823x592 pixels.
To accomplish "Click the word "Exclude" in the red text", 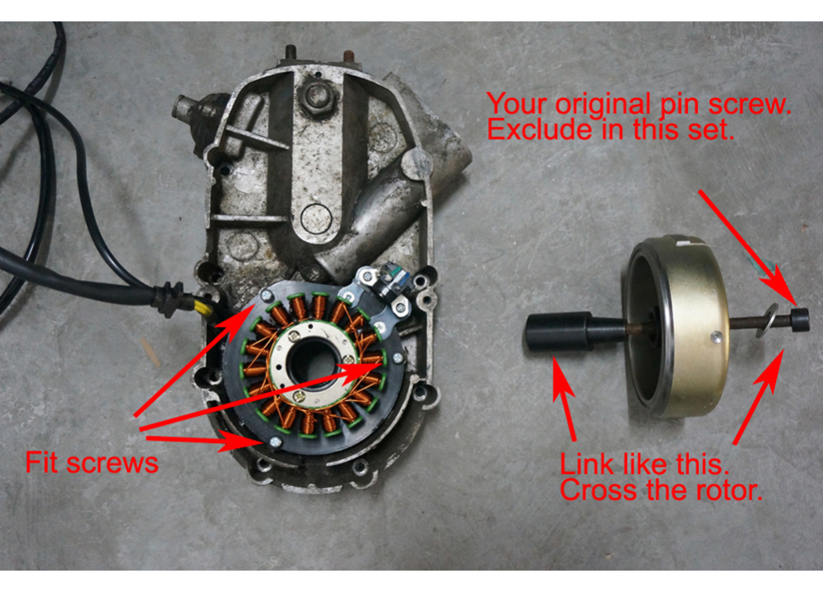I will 540,130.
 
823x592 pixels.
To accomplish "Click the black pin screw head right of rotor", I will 799,319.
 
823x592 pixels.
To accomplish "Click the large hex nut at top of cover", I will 315,99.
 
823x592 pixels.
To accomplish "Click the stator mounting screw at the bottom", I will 270,442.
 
